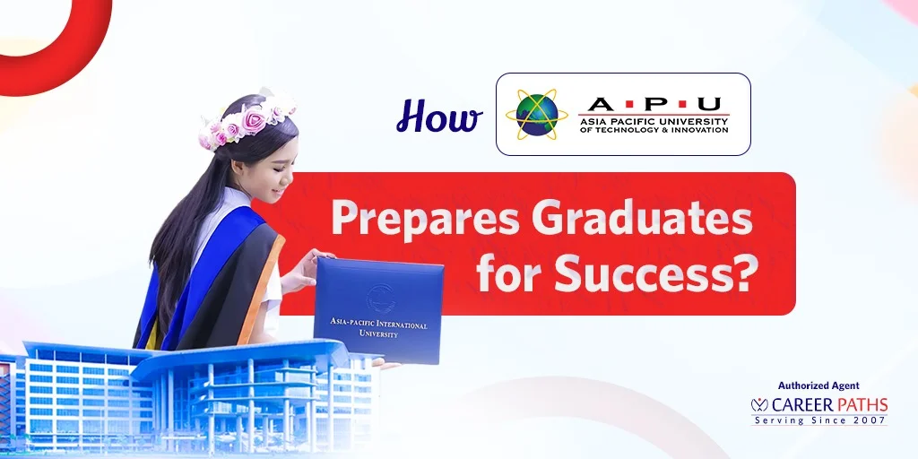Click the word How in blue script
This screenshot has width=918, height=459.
(438, 117)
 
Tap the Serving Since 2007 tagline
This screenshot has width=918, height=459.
(819, 420)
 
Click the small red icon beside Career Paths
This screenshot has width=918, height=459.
(759, 405)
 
